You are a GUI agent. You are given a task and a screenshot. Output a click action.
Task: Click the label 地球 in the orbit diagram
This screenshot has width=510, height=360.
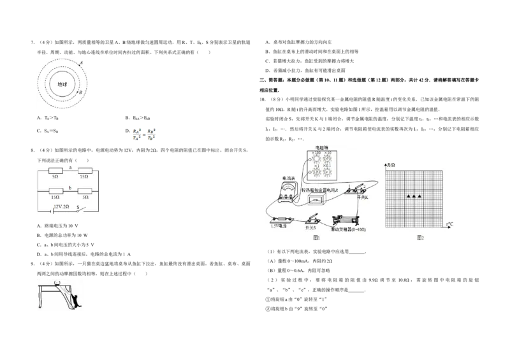point(62,84)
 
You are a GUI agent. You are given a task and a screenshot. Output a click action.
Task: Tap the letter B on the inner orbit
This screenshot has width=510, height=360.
point(80,93)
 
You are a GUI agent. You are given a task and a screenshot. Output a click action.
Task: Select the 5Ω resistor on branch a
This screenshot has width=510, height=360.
point(54,171)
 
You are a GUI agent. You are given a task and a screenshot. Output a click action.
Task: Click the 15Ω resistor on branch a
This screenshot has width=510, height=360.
point(82,171)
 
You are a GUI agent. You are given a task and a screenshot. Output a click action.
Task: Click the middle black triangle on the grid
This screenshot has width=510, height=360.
point(414,197)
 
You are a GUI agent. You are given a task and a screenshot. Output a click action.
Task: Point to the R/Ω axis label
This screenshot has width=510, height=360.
point(390,166)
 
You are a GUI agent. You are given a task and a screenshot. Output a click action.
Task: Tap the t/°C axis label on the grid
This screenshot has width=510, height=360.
point(449,224)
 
